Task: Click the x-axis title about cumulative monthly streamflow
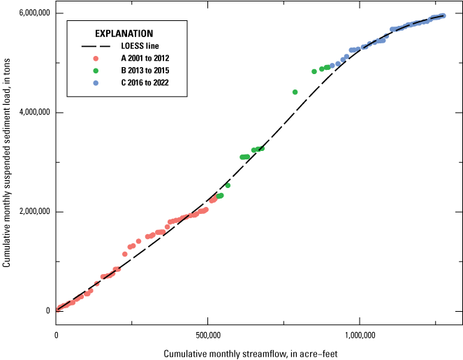tap(251, 353)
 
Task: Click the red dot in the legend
tap(96, 58)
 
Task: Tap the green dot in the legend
tap(96, 71)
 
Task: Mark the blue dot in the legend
tap(96, 83)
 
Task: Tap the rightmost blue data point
tap(443, 15)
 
